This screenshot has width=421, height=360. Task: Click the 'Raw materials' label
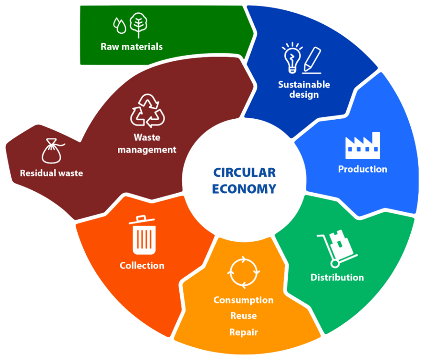point(131,47)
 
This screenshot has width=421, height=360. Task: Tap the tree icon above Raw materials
point(138,25)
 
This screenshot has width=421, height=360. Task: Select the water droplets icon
point(120,26)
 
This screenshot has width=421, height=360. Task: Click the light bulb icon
point(292,58)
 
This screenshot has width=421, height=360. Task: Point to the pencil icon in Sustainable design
point(312,60)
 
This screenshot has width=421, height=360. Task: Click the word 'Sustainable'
point(304,85)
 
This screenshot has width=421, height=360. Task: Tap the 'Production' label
point(363,169)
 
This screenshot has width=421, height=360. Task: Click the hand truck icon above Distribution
point(337,248)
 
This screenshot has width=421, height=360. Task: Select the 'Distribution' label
point(337,277)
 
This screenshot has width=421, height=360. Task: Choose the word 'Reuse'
point(244,316)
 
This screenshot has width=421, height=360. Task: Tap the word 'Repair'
point(244,332)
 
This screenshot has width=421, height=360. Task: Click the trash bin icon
point(144,235)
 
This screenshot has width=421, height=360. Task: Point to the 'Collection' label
point(142,266)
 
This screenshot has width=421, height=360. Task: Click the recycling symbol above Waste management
point(147,110)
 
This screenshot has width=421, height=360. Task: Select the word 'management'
point(147,150)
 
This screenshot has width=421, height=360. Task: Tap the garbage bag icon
point(52,151)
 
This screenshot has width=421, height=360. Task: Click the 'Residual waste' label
point(51,173)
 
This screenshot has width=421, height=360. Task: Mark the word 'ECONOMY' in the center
point(244,189)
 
